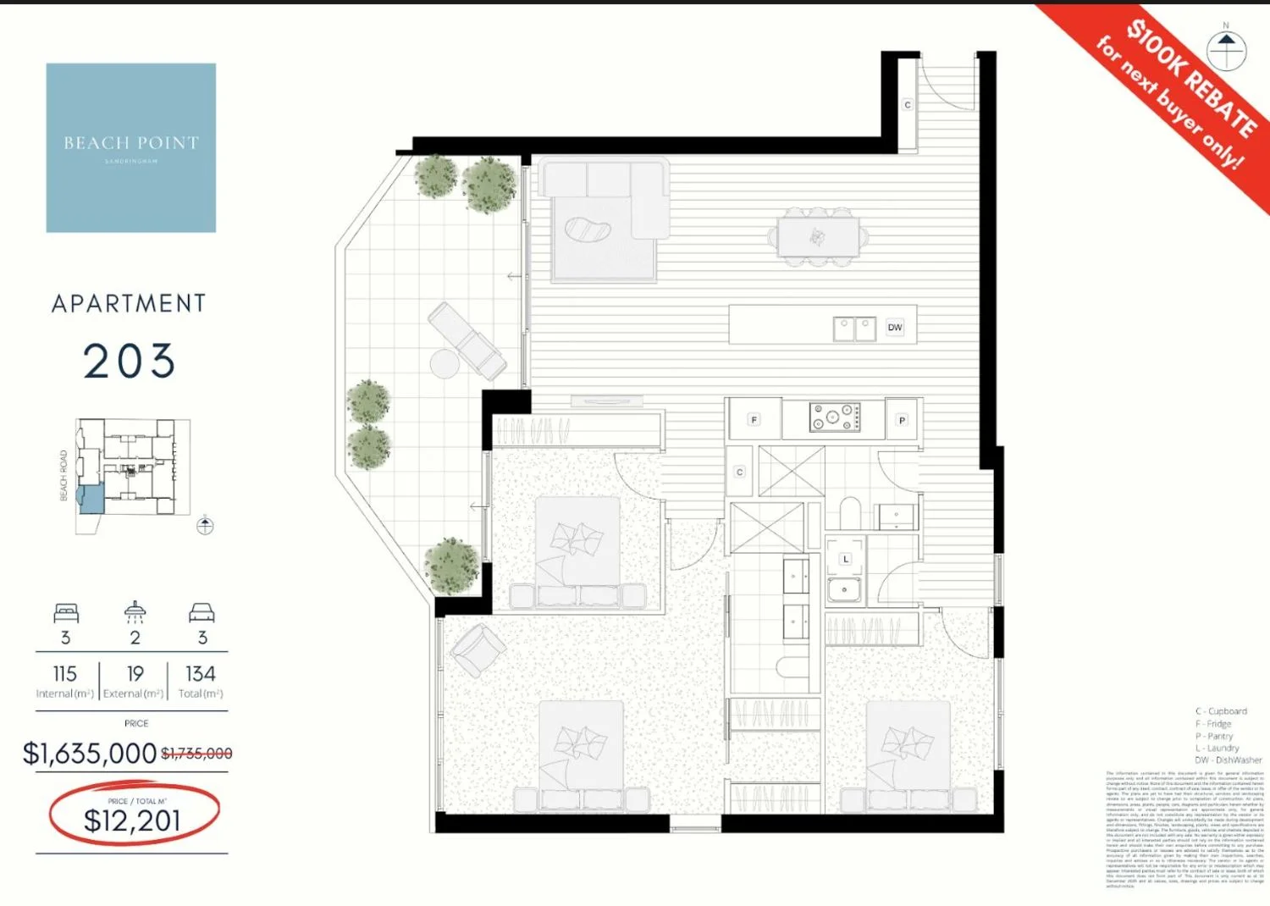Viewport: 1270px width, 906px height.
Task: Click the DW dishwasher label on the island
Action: click(x=895, y=328)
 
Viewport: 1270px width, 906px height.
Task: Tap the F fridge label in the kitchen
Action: click(x=754, y=420)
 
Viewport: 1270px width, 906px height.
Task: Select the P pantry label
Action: click(x=902, y=420)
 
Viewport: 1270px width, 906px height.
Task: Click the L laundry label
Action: click(x=845, y=560)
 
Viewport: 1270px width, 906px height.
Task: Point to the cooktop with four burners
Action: click(x=835, y=417)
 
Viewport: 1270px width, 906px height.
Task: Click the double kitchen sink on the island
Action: click(x=854, y=329)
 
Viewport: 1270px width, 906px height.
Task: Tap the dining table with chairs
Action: click(x=818, y=237)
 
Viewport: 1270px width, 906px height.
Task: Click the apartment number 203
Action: click(x=130, y=362)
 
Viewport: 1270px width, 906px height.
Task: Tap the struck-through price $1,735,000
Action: click(x=196, y=754)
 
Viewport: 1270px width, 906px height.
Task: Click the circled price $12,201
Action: click(x=132, y=820)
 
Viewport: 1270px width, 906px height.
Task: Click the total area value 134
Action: click(x=201, y=674)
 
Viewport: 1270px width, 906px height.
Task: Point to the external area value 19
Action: click(x=135, y=674)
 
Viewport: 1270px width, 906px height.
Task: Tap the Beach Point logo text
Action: click(x=131, y=143)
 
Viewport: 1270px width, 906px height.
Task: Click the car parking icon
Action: click(x=202, y=613)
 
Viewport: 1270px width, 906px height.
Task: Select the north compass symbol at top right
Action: click(x=1226, y=50)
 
